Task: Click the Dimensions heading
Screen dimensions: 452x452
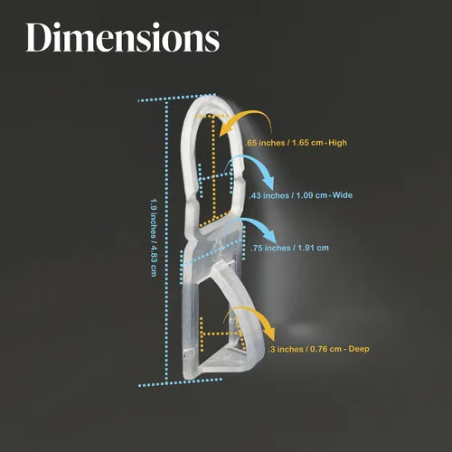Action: pyautogui.click(x=123, y=37)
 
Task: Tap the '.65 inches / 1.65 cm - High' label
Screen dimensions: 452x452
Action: pyautogui.click(x=296, y=143)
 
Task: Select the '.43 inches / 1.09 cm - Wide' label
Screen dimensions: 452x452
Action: pyautogui.click(x=301, y=195)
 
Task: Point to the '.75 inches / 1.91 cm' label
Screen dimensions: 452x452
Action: pyautogui.click(x=289, y=248)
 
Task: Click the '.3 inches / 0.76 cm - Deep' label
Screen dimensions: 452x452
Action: pyautogui.click(x=319, y=349)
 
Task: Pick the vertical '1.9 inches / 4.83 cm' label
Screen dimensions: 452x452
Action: pyautogui.click(x=154, y=238)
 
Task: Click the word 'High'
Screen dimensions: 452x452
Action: pyautogui.click(x=338, y=143)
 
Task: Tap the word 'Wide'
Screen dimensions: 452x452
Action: pyautogui.click(x=343, y=195)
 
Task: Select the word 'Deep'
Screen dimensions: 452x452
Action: pyautogui.click(x=359, y=349)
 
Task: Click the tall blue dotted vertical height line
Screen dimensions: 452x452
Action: pyautogui.click(x=166, y=241)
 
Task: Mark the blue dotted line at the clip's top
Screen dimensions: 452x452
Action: pyautogui.click(x=177, y=98)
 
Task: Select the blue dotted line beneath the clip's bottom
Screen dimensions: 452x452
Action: pyautogui.click(x=180, y=382)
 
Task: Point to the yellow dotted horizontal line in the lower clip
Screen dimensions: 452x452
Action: pyautogui.click(x=221, y=334)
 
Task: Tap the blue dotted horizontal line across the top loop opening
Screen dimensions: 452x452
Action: pyautogui.click(x=216, y=177)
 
